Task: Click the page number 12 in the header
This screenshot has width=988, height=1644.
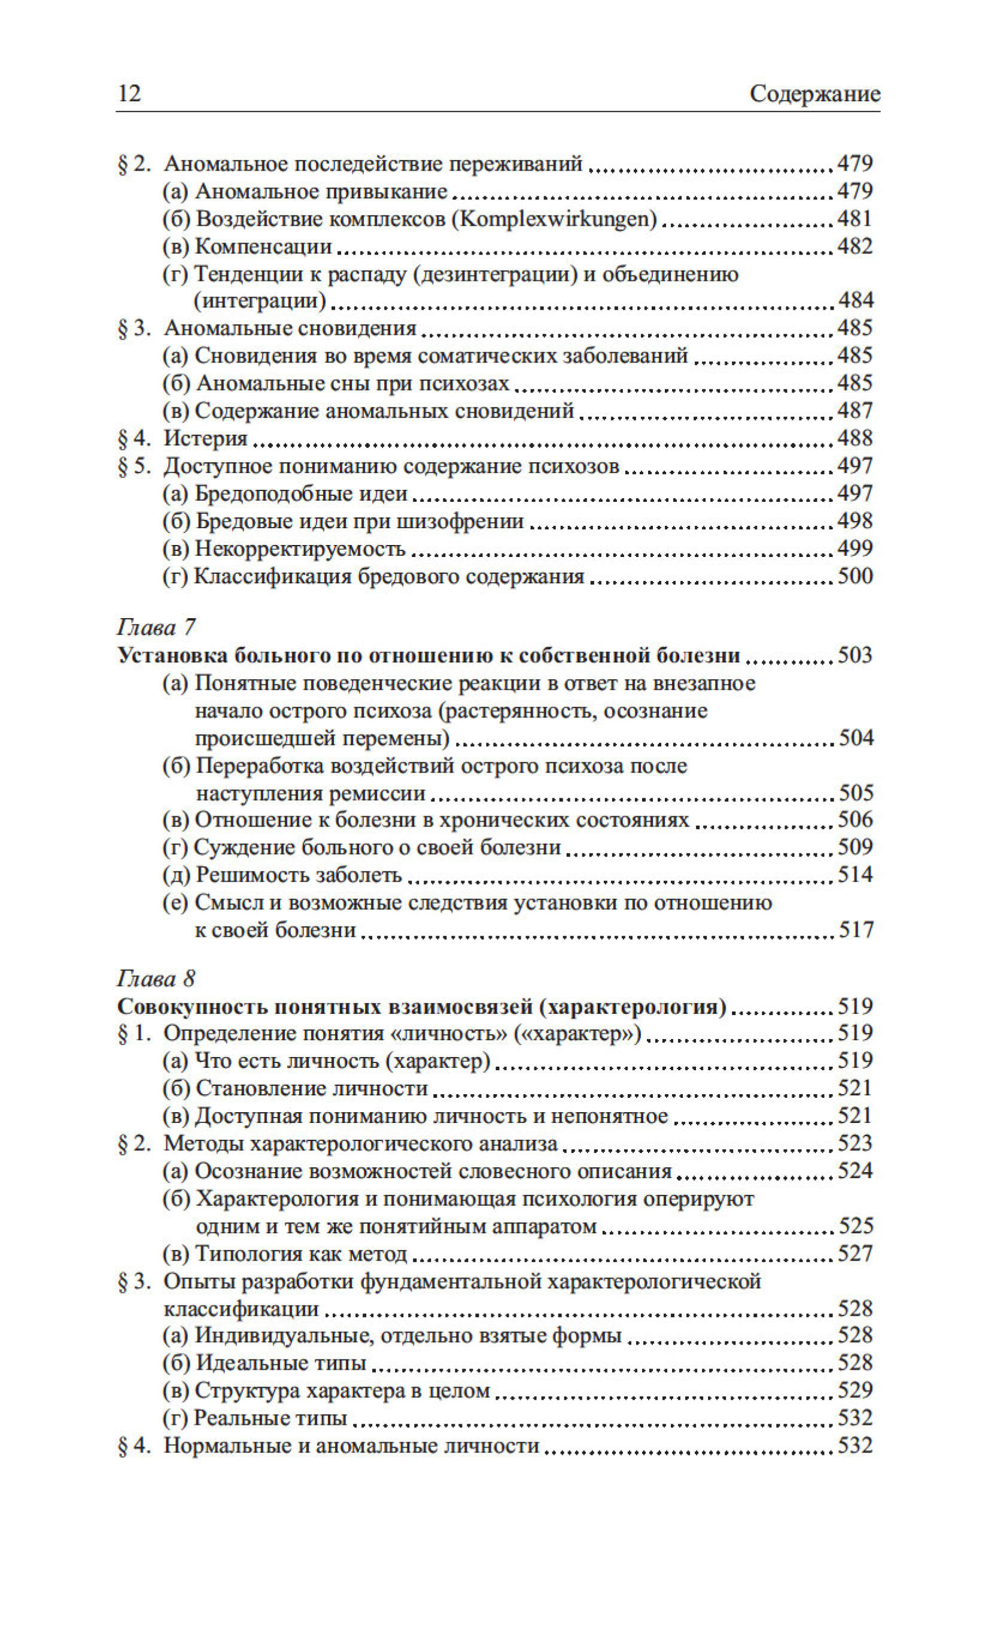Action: (x=129, y=93)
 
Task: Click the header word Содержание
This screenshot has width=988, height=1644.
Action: (x=814, y=94)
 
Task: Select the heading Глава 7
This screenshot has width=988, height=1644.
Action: (x=156, y=628)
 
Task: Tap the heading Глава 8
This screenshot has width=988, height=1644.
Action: (x=156, y=978)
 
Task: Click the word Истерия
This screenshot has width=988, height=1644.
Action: (x=206, y=438)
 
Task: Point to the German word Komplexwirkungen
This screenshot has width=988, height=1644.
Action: (x=555, y=219)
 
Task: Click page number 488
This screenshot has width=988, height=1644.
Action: (x=855, y=438)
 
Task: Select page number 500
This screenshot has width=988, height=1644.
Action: (x=855, y=576)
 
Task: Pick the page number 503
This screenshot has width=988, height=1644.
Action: (x=855, y=655)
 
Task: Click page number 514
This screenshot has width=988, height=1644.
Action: (x=855, y=874)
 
